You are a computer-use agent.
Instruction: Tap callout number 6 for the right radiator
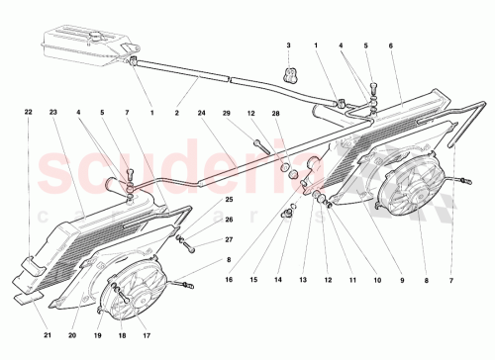[x=391, y=46]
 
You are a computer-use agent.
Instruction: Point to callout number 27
[x=229, y=239]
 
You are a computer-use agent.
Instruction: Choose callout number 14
[x=279, y=280]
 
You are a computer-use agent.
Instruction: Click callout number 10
[x=375, y=280]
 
